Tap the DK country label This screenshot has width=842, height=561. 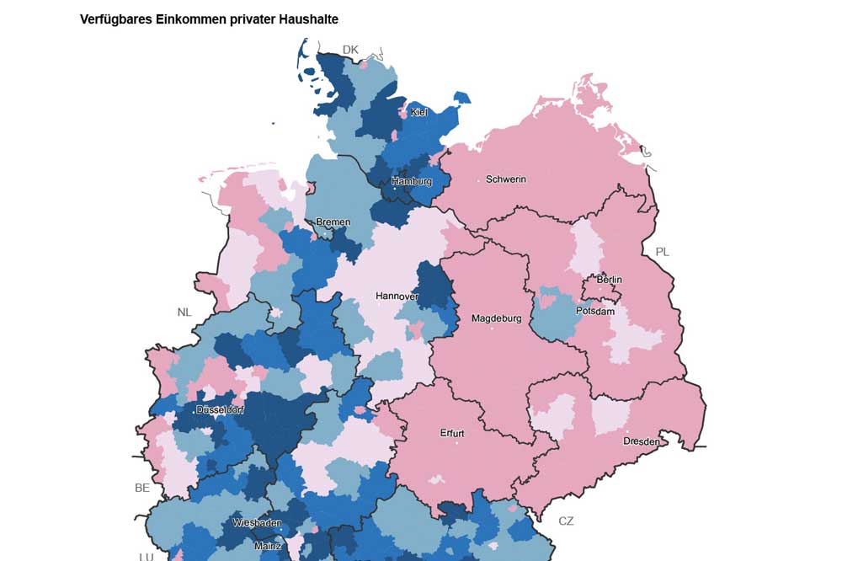(350, 50)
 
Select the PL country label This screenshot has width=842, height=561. (663, 252)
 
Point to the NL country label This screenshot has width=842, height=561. (184, 312)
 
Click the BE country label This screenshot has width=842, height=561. (142, 488)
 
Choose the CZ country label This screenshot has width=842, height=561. (566, 521)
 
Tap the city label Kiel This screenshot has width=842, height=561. (419, 112)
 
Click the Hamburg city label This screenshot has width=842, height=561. (412, 181)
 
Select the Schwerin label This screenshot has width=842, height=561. (506, 179)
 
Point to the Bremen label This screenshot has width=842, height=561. (333, 222)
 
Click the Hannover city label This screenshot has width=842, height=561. (397, 297)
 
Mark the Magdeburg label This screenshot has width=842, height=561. (497, 318)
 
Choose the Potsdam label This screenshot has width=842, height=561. (595, 311)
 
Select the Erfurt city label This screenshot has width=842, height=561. (452, 434)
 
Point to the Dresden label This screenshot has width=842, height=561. (642, 441)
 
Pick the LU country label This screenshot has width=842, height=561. (146, 556)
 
